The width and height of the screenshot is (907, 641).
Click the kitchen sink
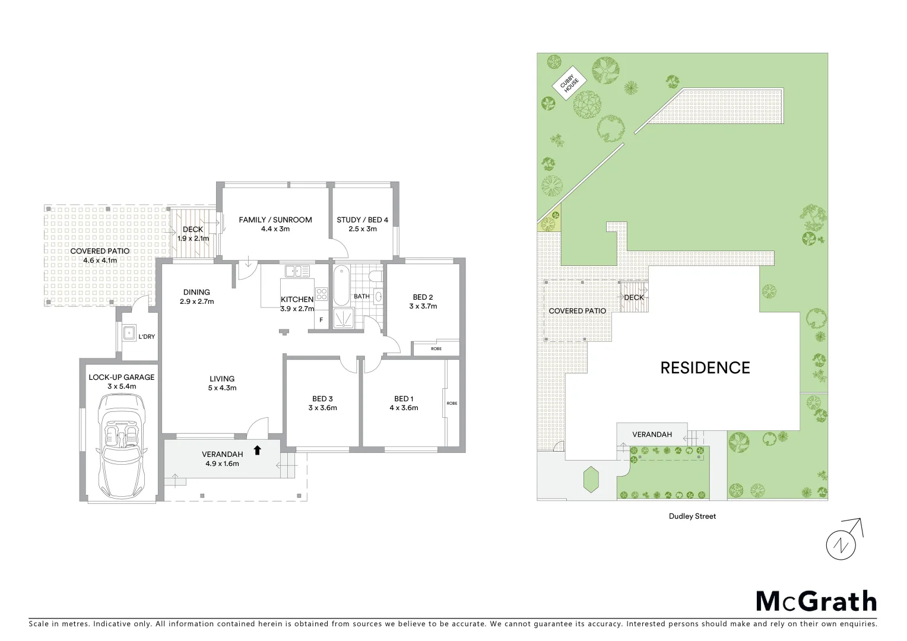297,271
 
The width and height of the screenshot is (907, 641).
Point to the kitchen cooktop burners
321,294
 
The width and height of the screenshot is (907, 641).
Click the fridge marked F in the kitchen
321,320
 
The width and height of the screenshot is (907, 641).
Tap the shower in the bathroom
342,318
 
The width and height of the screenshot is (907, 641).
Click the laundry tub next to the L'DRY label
129,333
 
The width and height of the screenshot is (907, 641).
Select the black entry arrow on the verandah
257,450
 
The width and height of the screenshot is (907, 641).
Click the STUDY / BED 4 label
362,220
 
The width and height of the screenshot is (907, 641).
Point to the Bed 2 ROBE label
436,348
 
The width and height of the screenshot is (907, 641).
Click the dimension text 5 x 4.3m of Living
222,388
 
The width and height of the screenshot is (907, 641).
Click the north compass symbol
843,541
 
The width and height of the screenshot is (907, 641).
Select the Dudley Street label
692,516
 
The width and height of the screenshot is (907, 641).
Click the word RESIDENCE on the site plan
705,368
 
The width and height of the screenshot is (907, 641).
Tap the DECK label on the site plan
633,297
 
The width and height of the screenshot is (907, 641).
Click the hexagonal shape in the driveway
591,479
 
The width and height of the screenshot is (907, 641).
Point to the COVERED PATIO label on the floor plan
100,251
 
